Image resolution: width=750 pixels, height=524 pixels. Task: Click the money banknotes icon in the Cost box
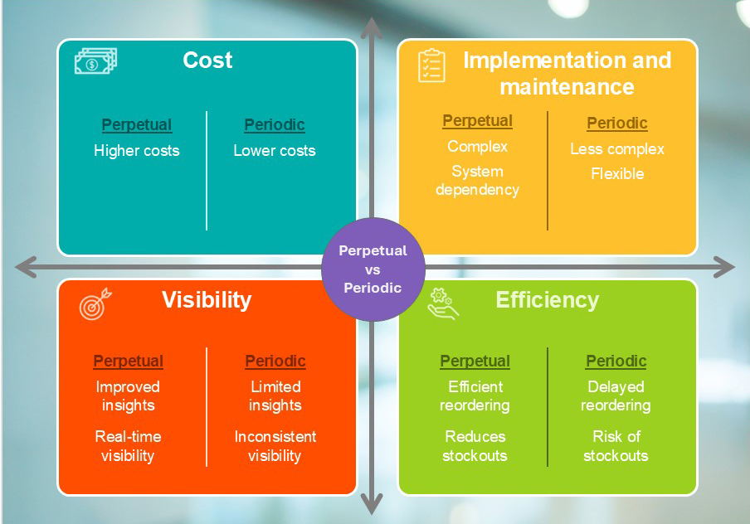[x=95, y=61]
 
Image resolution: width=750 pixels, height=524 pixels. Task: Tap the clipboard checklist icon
[x=431, y=65]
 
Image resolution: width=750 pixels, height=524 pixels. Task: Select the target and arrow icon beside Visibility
[x=95, y=303]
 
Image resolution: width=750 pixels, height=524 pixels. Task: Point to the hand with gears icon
[x=443, y=303]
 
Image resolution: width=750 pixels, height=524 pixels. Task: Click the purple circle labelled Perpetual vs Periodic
[x=373, y=269]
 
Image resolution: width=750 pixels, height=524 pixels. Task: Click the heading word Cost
[x=207, y=61]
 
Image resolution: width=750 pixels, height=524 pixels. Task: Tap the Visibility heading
[x=207, y=300]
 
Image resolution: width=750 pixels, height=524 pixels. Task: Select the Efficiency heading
[x=548, y=300]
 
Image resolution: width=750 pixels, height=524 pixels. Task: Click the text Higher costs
[x=137, y=151]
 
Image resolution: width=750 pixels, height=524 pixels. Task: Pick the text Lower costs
[x=275, y=151]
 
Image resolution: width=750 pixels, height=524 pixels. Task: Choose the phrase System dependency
[x=477, y=181]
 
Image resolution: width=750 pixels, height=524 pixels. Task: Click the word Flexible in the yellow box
[x=617, y=173]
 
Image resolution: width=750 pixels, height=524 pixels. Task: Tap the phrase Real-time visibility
[x=129, y=446]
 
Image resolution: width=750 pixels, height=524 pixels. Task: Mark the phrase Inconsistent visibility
[x=275, y=446]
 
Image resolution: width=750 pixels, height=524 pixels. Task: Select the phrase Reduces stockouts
[x=475, y=446]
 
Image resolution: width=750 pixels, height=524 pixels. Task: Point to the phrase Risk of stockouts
[x=616, y=446]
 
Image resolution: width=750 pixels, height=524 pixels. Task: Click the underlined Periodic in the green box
[x=616, y=361]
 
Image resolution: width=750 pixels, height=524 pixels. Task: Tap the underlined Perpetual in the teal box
[x=137, y=125]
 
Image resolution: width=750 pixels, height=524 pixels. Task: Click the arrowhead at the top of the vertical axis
[x=372, y=27]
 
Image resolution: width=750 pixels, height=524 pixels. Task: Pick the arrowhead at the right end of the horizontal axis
[x=724, y=267]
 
